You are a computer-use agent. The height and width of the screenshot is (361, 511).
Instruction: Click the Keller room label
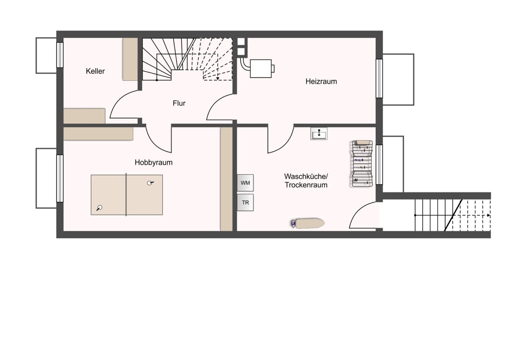[95, 71]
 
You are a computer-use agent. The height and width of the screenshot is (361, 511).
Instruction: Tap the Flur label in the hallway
[179, 103]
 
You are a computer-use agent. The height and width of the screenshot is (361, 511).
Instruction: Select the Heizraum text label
[321, 82]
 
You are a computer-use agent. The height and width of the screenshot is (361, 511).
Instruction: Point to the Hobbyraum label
[153, 162]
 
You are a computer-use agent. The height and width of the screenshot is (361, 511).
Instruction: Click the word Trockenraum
[306, 185]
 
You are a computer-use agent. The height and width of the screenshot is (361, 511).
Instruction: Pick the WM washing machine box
[245, 183]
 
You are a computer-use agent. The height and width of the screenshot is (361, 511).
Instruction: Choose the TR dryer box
[245, 203]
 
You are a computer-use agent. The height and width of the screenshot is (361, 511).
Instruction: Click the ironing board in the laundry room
[308, 224]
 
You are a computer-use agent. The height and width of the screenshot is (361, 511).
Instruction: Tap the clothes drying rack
[362, 163]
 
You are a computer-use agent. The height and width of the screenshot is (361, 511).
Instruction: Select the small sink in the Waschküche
[319, 133]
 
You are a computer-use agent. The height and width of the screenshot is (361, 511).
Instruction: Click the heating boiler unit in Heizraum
[262, 69]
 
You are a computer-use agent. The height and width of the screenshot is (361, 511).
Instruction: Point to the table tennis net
[126, 195]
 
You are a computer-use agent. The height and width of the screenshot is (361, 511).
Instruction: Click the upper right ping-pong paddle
[150, 183]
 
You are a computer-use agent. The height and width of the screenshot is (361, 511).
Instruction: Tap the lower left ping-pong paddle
[99, 208]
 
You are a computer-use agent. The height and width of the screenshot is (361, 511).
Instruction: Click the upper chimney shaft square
[241, 42]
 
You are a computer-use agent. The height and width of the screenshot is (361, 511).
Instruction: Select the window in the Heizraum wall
[379, 79]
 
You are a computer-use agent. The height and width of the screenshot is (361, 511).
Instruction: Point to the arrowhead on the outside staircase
[489, 215]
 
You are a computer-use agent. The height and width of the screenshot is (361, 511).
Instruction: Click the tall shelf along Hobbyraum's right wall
[226, 179]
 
